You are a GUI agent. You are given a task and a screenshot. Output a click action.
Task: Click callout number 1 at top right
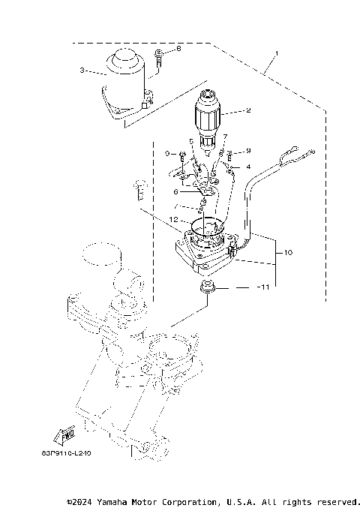(x=277, y=55)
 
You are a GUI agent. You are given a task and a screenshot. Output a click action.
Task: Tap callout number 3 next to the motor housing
(x=82, y=72)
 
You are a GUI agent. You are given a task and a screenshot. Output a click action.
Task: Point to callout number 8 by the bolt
(x=178, y=49)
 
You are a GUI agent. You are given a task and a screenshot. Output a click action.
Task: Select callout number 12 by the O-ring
(x=173, y=220)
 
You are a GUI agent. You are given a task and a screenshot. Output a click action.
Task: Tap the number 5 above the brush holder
(x=191, y=140)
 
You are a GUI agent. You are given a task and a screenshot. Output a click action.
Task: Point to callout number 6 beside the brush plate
(x=175, y=192)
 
